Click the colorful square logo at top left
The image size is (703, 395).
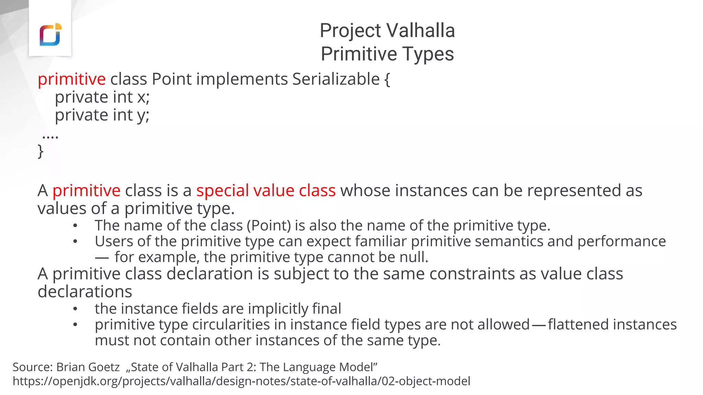tap(50, 35)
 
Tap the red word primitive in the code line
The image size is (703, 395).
tap(71, 79)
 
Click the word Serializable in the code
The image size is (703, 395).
tap(336, 79)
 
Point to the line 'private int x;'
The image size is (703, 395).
tap(102, 97)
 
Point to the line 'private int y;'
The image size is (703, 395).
tap(102, 115)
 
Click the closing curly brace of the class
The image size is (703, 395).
tap(41, 151)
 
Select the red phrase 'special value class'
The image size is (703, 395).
tap(266, 191)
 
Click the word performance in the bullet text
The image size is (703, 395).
tap(621, 241)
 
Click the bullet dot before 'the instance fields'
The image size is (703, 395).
tap(75, 309)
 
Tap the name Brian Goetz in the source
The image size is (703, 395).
tap(88, 367)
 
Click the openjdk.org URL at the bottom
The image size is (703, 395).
tap(241, 381)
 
